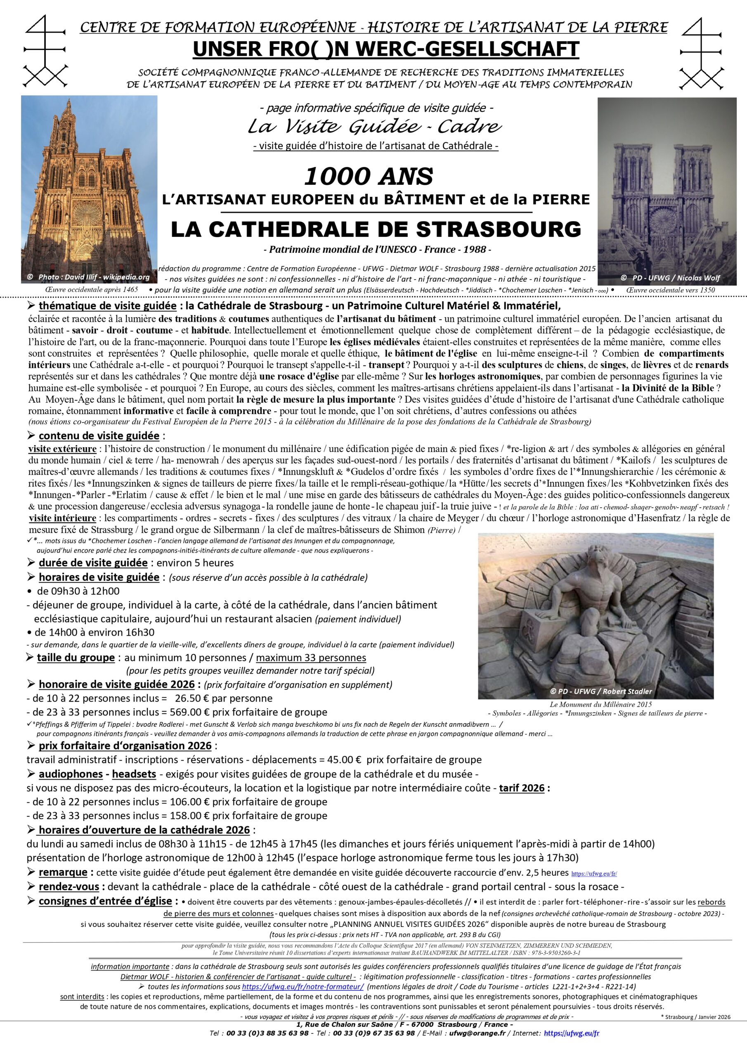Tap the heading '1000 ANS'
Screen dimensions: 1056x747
368,176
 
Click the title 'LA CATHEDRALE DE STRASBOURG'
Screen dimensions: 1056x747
376,229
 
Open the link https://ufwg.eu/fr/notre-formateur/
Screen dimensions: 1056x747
303,987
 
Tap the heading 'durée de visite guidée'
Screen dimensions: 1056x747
93,563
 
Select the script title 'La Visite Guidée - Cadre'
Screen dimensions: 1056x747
375,127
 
